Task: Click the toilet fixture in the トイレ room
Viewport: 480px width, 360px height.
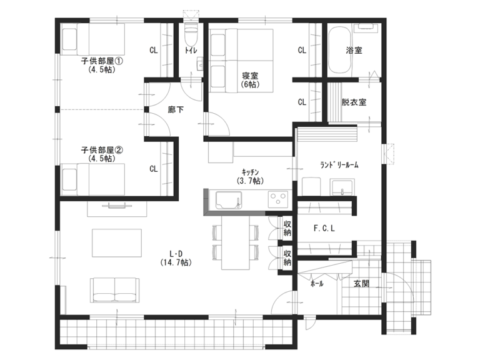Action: [191, 34]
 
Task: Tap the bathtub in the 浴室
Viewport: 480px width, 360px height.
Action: [341, 50]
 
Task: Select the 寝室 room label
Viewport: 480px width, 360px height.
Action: [250, 79]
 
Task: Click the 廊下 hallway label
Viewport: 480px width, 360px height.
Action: [176, 109]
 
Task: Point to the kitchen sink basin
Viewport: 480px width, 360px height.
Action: [228, 200]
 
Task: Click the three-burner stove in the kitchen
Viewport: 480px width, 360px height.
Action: [278, 199]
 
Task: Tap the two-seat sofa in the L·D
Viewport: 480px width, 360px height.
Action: [115, 290]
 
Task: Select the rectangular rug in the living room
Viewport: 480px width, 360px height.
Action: [117, 243]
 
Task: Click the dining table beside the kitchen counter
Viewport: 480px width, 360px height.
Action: [236, 242]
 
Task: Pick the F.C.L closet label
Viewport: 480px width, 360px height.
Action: [324, 228]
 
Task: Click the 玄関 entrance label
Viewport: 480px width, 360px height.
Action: [361, 284]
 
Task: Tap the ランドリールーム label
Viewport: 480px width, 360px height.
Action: [339, 165]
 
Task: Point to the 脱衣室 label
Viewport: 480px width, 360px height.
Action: [354, 102]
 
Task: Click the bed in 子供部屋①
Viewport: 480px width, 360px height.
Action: [93, 39]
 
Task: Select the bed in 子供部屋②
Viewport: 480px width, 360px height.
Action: [93, 179]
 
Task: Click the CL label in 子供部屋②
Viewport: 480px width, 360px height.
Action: [153, 169]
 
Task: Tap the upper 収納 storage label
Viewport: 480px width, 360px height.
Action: [287, 228]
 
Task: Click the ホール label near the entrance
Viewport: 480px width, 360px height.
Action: [317, 284]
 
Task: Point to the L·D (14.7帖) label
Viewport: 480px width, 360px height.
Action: [176, 258]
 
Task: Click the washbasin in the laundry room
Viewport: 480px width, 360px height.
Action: [342, 187]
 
